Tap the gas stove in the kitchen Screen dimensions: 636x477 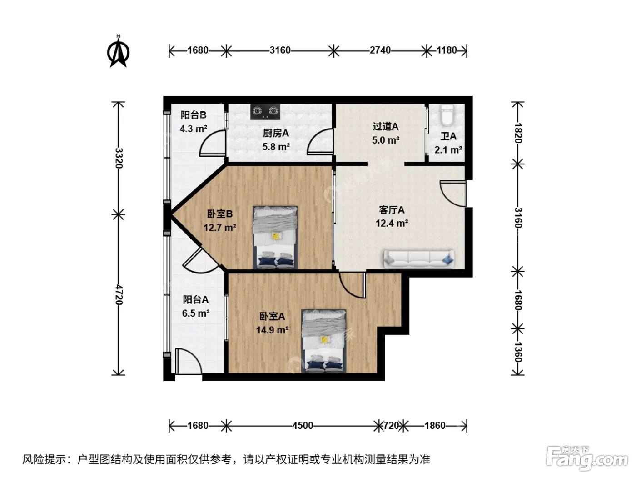point(265,111)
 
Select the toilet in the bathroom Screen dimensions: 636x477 point(447,115)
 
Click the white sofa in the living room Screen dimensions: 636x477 point(419,258)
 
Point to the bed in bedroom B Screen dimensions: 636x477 point(275,237)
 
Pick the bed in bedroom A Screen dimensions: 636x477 point(323,341)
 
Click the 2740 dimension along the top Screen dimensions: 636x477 point(380,50)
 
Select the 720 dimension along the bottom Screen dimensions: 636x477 point(391,426)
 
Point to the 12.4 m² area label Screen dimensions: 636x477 point(392,223)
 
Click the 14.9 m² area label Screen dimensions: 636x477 point(272,330)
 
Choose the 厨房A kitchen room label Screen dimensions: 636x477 point(276,133)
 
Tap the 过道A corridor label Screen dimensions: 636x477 point(385,126)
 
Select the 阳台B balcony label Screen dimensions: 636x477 point(193,115)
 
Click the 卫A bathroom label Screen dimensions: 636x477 point(448,136)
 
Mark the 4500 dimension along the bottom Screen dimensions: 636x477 point(303,426)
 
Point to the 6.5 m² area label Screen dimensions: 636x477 point(196,313)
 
